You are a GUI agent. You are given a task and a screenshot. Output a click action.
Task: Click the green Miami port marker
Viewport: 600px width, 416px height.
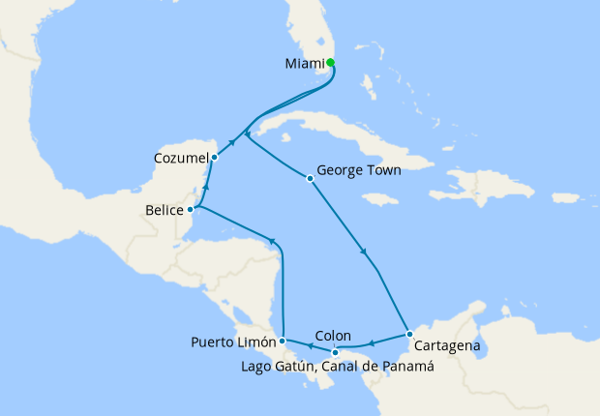tap(331, 63)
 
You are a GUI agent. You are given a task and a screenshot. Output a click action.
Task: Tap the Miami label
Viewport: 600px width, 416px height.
tap(305, 64)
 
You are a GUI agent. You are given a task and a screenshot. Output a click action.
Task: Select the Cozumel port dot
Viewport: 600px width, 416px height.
tap(214, 157)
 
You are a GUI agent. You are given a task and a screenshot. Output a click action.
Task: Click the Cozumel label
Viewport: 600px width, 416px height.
tap(179, 157)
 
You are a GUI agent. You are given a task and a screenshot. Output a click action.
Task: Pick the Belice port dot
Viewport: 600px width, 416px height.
tap(191, 208)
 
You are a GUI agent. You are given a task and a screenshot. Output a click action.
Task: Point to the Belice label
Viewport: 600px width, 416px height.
tap(164, 208)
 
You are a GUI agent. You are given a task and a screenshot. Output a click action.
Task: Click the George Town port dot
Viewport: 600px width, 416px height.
tap(310, 178)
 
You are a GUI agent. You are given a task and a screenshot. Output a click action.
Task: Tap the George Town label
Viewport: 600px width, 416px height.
tap(359, 169)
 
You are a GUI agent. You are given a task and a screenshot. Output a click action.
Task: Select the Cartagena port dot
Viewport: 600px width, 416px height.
tap(409, 335)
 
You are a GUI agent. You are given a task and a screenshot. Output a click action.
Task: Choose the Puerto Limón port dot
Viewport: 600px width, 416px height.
tap(282, 341)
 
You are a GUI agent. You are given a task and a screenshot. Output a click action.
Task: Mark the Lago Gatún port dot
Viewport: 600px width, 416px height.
tap(335, 351)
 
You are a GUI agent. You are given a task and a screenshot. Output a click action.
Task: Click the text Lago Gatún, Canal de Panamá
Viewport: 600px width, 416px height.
tap(335, 367)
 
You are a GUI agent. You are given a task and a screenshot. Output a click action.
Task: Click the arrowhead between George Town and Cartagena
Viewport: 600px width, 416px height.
tap(364, 253)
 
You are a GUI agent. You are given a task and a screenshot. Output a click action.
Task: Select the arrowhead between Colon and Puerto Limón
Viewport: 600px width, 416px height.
tap(307, 344)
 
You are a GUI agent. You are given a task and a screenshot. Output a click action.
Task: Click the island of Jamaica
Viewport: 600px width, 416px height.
tap(382, 198)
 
